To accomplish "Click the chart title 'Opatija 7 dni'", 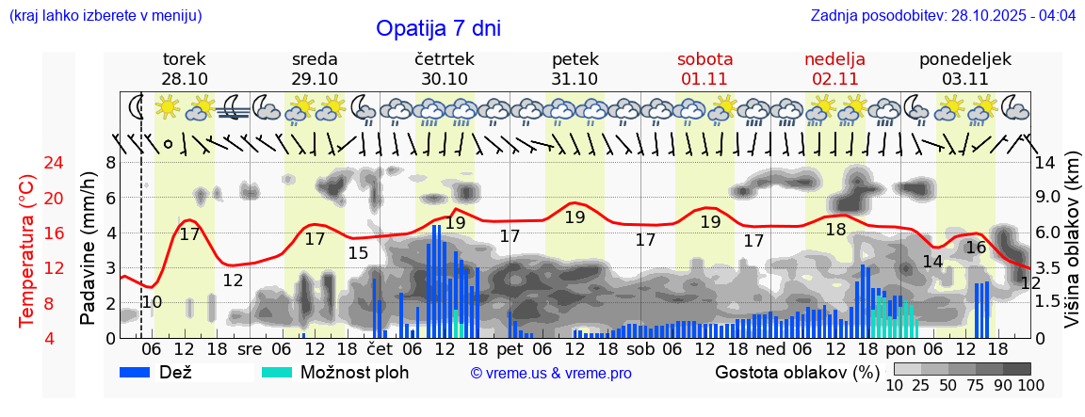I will click(438, 28).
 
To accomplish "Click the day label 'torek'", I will click(185, 59).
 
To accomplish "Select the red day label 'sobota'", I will click(704, 59).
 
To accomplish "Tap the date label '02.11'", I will click(834, 79).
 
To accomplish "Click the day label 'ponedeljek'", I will click(964, 59).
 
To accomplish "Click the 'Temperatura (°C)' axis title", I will click(28, 250).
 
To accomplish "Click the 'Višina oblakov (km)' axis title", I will click(1071, 241).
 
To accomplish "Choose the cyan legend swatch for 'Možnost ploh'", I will click(277, 373).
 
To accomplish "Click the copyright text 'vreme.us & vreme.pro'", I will click(551, 374).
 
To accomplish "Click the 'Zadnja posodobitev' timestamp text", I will click(943, 16).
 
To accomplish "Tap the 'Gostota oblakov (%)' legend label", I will click(797, 372).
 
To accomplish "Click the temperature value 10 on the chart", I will click(152, 302).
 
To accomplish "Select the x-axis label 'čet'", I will click(380, 348).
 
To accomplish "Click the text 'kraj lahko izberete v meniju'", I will click(105, 16).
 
